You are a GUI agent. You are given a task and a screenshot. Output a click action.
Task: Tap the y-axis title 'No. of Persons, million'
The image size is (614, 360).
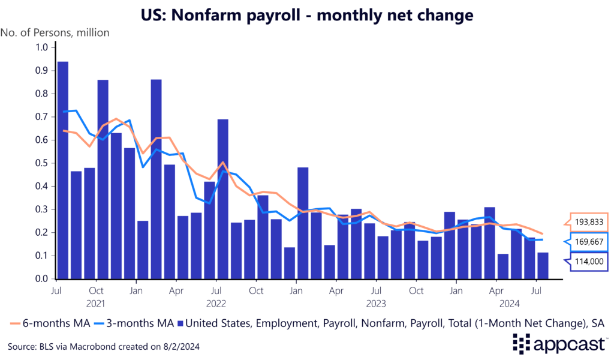[55, 32]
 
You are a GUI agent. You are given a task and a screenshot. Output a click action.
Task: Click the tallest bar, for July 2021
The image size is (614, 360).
[62, 170]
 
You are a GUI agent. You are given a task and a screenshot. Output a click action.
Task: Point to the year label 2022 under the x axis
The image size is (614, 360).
[216, 304]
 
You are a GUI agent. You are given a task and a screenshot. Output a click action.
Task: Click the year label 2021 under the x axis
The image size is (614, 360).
[96, 304]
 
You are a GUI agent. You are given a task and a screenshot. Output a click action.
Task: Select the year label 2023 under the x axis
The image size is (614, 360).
[377, 304]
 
